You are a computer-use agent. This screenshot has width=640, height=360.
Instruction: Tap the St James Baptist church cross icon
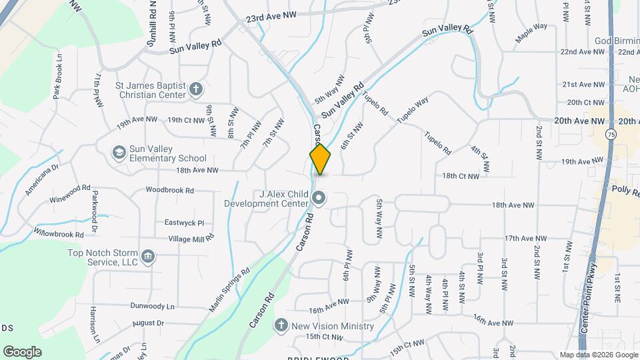click(196, 89)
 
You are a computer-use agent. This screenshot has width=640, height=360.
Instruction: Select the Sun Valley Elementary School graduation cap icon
click(119, 153)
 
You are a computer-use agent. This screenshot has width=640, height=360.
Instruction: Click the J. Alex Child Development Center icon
click(319, 198)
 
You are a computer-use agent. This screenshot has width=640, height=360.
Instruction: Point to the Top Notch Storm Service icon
click(148, 255)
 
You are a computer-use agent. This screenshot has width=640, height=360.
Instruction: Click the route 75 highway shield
click(611, 134)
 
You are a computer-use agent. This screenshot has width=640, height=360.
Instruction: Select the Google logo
click(22, 351)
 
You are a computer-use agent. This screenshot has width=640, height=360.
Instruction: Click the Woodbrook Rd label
click(171, 190)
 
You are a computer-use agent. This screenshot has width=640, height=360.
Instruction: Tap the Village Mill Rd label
click(191, 238)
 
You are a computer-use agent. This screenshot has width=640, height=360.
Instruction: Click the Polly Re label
click(625, 189)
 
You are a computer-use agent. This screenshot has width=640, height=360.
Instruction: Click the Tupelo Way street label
click(412, 111)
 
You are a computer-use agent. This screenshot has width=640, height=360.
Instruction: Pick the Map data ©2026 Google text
click(598, 354)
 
